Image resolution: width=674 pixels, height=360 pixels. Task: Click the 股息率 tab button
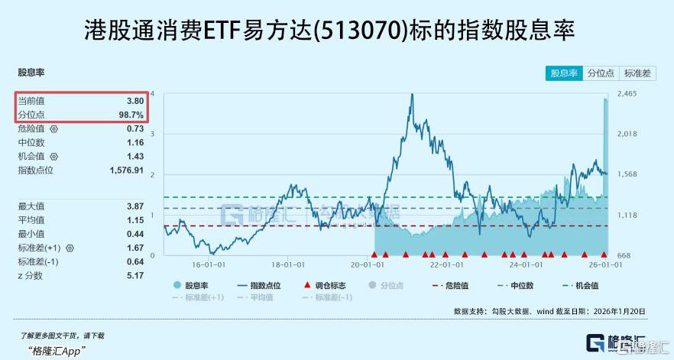565,73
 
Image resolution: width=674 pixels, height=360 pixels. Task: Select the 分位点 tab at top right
601,73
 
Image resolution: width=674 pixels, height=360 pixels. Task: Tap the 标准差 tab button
637,73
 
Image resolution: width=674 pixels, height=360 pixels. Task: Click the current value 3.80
135,101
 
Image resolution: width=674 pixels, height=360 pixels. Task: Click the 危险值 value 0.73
135,128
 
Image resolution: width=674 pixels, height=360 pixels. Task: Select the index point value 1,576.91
127,170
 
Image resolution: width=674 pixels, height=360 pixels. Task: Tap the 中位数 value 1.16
135,142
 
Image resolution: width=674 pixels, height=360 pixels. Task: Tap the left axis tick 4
153,93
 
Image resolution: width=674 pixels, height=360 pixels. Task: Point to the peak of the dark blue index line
412,94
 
